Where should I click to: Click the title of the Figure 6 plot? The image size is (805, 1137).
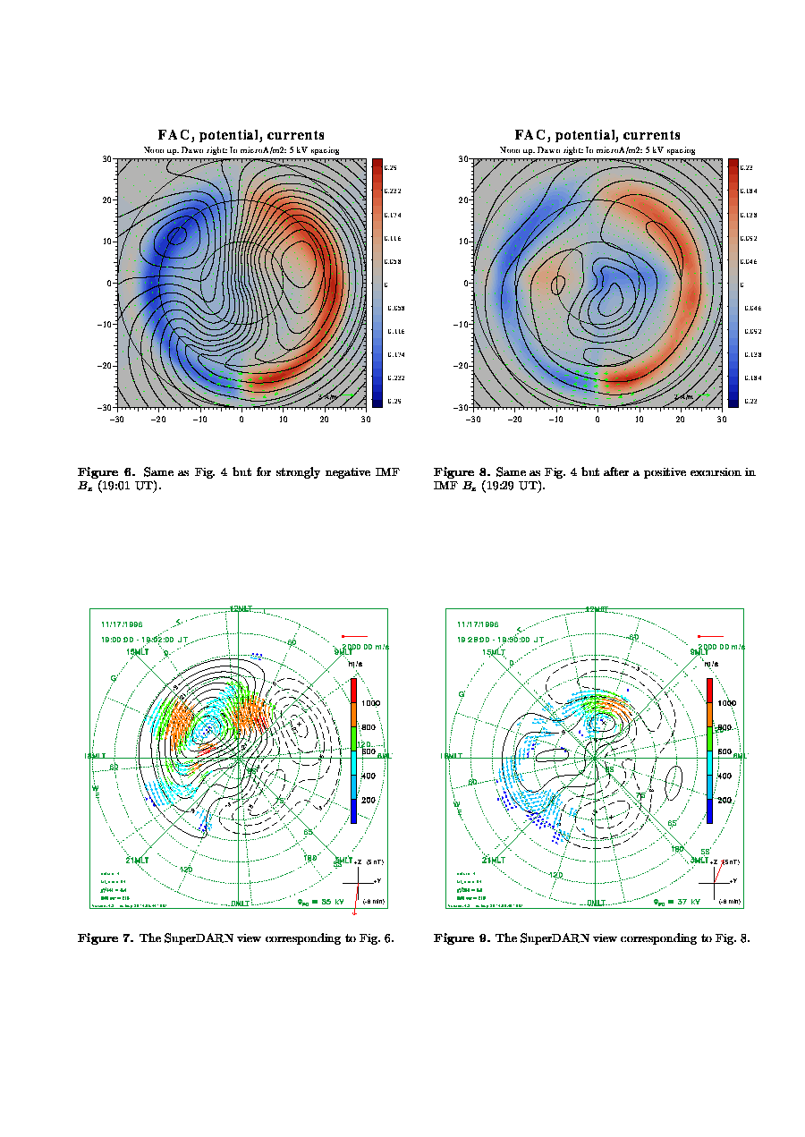point(241,135)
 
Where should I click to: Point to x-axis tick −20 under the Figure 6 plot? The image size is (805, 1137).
point(158,418)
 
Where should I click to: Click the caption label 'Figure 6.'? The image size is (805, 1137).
point(106,471)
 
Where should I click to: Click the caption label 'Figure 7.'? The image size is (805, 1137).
point(106,938)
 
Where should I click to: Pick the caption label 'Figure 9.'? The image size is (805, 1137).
point(462,938)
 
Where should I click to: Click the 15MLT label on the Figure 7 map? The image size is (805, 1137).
point(137,652)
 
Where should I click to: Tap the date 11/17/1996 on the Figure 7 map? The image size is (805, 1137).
point(122,624)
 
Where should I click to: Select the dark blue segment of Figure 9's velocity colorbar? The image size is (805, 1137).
point(710,810)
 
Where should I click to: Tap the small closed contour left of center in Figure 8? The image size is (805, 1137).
point(559,285)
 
